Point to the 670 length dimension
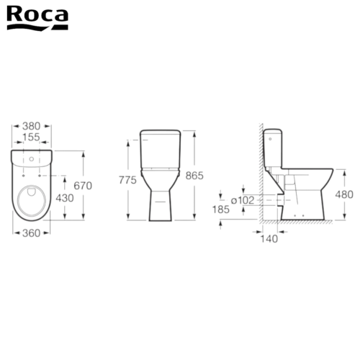(84, 186)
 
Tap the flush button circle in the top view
(34, 158)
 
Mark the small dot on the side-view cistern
(269, 135)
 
